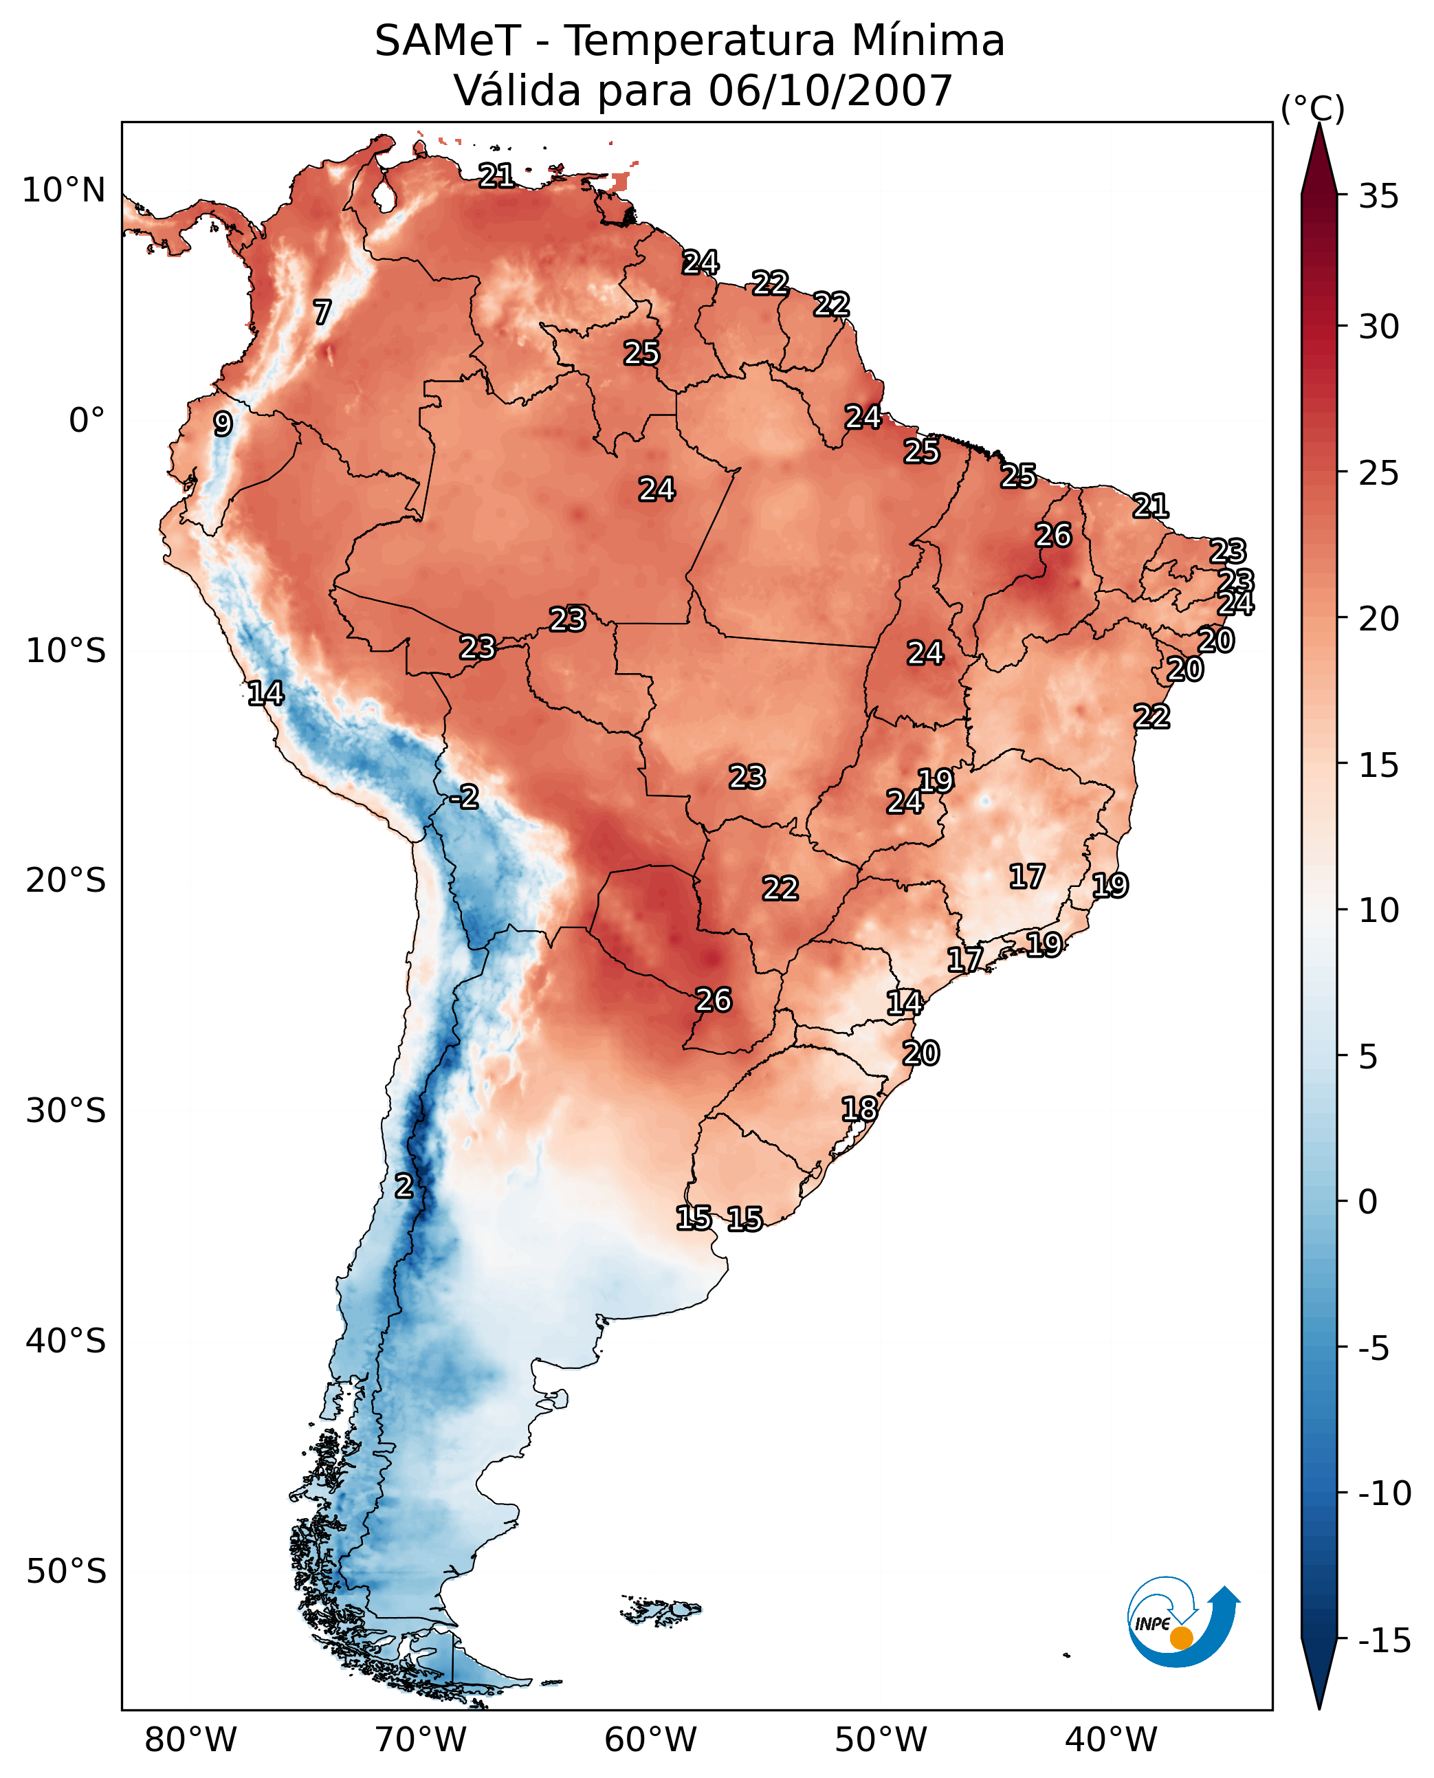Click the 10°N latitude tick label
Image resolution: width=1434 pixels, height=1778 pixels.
pos(64,191)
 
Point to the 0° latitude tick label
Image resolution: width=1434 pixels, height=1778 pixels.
pos(87,421)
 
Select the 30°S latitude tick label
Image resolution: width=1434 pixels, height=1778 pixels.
pos(66,1111)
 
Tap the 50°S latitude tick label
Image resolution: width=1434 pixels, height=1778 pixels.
pos(66,1572)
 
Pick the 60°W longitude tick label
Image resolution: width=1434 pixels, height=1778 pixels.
pos(650,1740)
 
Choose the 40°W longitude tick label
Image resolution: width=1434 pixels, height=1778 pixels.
pos(1110,1740)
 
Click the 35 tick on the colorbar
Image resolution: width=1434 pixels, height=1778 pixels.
pos(1378,197)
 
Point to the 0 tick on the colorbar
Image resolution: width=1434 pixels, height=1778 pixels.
pos(1368,1202)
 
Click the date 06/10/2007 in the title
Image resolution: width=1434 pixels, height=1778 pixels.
pos(830,90)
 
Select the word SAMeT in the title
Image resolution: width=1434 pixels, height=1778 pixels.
pos(447,41)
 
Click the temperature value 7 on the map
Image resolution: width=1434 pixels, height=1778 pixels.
pos(322,312)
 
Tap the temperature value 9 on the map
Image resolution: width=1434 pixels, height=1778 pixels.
pos(223,424)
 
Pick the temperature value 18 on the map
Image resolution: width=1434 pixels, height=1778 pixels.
pos(859,1109)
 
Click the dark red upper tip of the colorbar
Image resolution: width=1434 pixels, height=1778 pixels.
pos(1319,157)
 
